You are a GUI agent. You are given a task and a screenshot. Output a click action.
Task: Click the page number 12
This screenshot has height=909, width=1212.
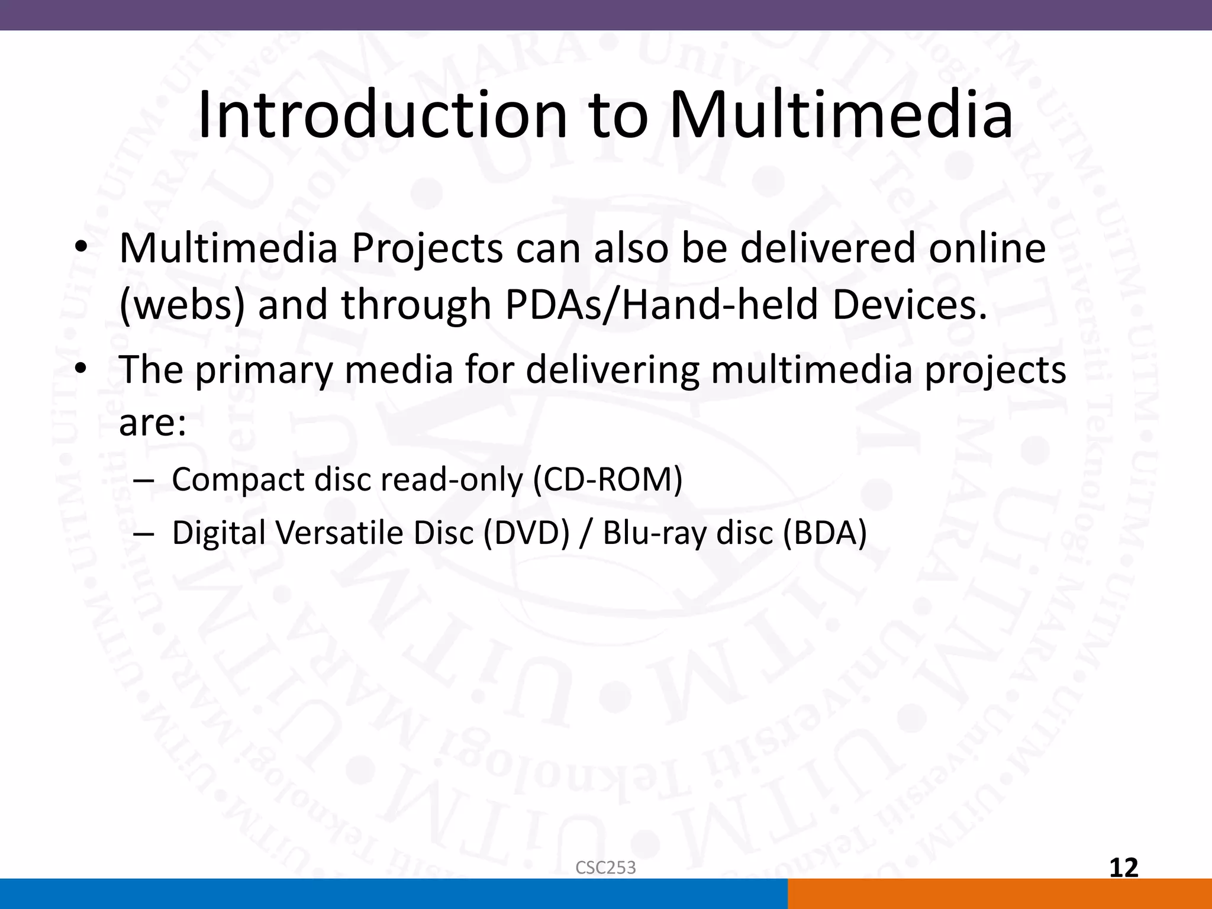pyautogui.click(x=1123, y=868)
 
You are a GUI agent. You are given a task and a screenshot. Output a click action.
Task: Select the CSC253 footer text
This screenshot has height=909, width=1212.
pyautogui.click(x=605, y=868)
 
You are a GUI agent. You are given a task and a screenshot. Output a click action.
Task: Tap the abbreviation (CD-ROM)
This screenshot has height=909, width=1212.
pyautogui.click(x=608, y=479)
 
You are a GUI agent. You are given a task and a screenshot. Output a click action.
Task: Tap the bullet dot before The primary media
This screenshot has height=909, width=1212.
pyautogui.click(x=81, y=370)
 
